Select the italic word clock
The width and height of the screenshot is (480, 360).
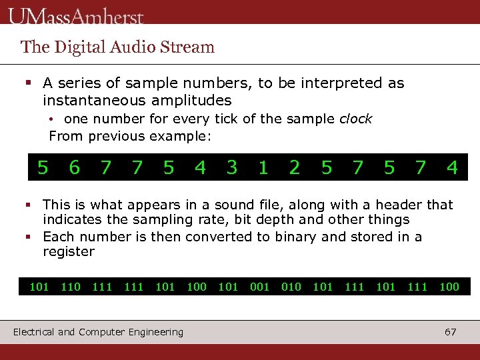tap(355, 119)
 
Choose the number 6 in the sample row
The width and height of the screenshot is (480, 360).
tap(74, 168)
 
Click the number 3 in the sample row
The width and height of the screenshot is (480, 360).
tap(231, 168)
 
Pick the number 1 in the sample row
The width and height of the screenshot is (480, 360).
tap(263, 168)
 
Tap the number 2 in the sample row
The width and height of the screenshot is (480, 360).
tap(295, 168)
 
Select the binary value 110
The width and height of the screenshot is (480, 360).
tap(71, 287)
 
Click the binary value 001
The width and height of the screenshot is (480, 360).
tap(259, 287)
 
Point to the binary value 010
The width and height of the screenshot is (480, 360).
tap(291, 287)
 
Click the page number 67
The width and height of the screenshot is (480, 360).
tap(451, 332)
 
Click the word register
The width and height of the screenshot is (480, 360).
tap(69, 252)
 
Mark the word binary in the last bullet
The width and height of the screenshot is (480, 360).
tap(306, 237)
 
